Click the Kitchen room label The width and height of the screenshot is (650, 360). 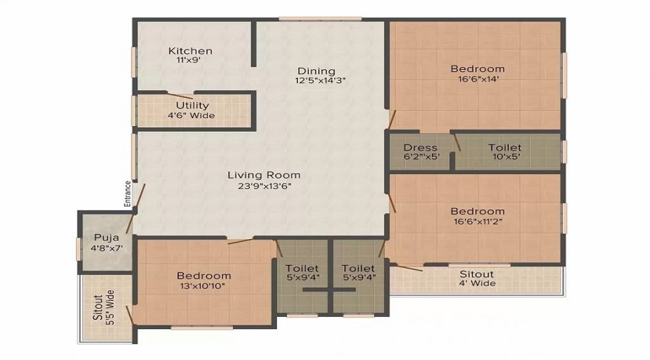coord(190,51)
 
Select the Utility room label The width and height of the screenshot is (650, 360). coord(192,106)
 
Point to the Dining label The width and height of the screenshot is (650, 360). coord(317,71)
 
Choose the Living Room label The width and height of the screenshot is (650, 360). coord(264,175)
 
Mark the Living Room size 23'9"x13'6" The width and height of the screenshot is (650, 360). coord(264,186)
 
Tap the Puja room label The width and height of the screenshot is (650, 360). coord(105,238)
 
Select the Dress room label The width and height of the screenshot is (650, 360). coord(421,148)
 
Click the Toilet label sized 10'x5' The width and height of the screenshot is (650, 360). coord(505,148)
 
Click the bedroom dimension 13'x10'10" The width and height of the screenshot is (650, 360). coord(204,286)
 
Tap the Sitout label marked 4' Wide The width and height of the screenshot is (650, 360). coord(477,274)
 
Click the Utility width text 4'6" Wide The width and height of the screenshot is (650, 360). coord(192,116)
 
